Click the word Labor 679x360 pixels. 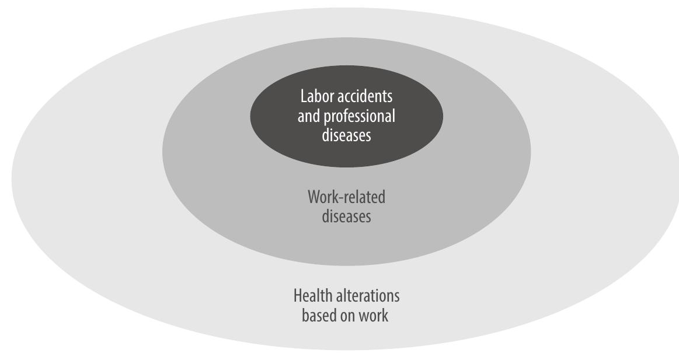point(315,96)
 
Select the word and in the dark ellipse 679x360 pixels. point(309,116)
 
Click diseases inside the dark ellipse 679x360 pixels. point(346,135)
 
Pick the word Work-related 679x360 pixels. point(346,197)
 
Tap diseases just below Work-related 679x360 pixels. point(346,216)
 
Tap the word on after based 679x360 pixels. point(348,316)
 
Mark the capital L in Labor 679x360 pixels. point(303,96)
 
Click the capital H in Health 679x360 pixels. point(297,296)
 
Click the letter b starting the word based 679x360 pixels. point(305,316)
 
